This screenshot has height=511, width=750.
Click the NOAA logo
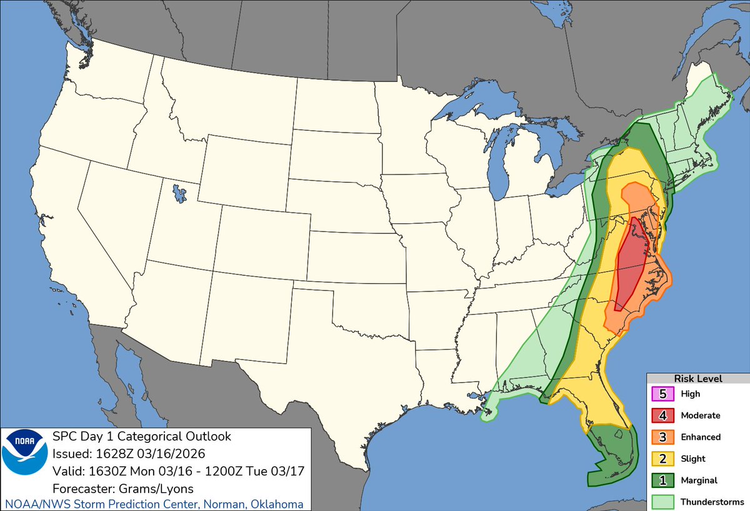25,460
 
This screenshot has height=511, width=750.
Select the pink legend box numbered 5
662,394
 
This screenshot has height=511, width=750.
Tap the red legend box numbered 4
662,415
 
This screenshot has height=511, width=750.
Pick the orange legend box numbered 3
662,437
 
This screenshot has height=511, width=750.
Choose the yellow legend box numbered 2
662,458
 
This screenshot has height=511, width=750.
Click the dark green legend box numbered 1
662,480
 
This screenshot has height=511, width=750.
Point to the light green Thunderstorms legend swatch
662,501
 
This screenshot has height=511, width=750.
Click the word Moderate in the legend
700,415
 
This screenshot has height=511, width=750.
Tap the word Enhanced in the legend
701,437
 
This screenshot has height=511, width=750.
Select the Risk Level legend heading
697,378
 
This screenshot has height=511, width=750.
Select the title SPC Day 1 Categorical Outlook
142,436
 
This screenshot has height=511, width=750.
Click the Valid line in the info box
178,471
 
